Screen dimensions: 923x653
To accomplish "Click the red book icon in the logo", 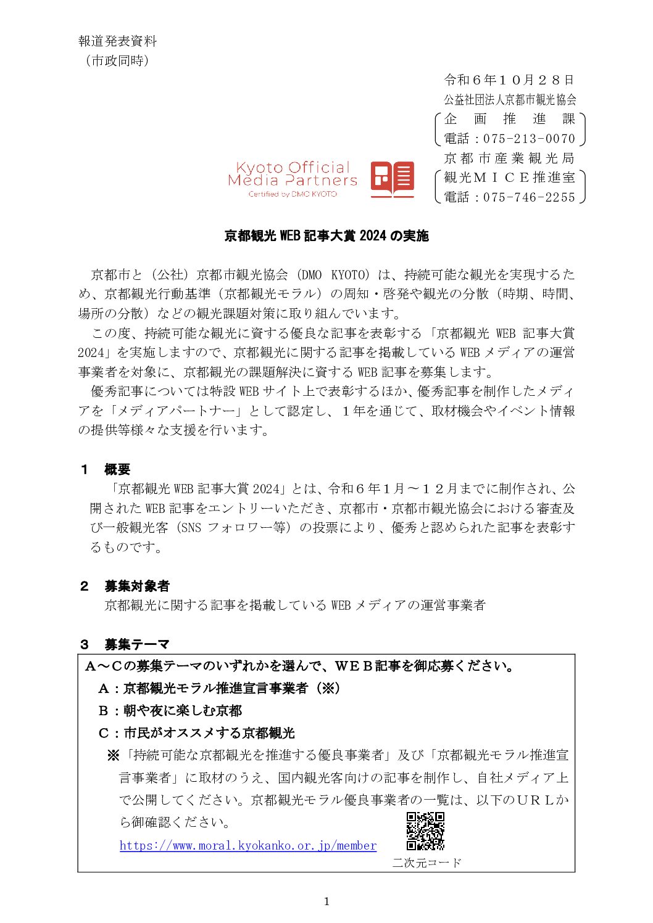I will pos(392,179).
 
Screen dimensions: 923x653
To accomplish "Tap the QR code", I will pos(425,832).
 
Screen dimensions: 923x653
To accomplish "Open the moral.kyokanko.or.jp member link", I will pos(248,845).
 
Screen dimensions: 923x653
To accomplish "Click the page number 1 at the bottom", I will pos(326,901).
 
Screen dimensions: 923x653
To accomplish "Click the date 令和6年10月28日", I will pos(509,80).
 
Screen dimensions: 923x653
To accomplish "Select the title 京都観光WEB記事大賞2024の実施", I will pos(326,236).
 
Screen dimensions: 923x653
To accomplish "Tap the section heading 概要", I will pos(117,469).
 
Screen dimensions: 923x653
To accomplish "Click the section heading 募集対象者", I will pos(136,586).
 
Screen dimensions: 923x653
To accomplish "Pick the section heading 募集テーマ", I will pos(136,644).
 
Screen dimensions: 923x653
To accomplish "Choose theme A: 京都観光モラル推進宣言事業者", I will pos(219,688).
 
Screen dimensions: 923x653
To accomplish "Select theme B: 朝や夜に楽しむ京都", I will pos(170,710).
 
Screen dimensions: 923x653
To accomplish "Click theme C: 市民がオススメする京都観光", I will pos(197,732).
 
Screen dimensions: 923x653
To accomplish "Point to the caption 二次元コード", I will pos(426,863).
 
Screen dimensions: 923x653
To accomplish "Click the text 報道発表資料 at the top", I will pos(117,41).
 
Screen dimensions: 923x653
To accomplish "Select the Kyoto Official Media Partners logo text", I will pos(293,174).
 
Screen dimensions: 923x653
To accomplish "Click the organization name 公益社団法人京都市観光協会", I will pos(510,99).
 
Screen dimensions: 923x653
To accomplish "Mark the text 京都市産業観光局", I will pos(509,158).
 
